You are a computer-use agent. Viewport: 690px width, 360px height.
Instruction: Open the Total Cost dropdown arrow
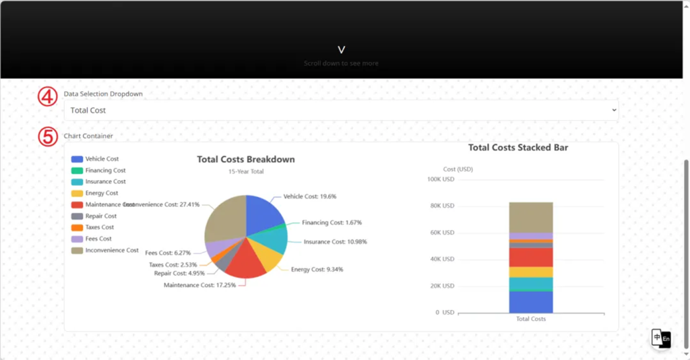pos(613,110)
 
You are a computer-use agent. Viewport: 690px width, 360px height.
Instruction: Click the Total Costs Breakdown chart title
pos(246,160)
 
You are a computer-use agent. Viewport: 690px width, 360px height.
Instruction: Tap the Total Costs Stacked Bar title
pos(518,148)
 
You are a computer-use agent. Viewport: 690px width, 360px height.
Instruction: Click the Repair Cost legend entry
pos(100,216)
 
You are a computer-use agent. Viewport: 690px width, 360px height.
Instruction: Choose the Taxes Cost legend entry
pos(99,228)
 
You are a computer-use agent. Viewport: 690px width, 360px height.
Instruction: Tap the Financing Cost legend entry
pos(105,171)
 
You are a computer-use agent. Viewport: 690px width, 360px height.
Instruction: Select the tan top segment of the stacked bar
pos(531,217)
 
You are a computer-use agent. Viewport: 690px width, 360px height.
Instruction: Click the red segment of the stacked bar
pos(531,257)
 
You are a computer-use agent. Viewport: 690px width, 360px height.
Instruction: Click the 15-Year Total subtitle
pos(246,172)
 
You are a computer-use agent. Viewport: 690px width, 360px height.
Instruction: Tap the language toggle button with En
pos(661,338)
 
